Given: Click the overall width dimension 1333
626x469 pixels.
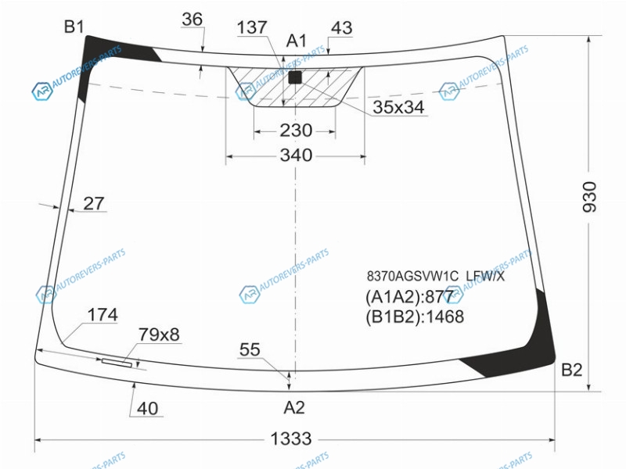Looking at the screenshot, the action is click(291, 439).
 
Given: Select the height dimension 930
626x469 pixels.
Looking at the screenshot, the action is click(589, 197).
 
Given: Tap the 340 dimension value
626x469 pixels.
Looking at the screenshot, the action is click(296, 155).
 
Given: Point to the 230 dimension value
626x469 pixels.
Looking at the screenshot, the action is click(296, 131).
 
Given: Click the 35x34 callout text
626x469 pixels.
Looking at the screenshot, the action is click(398, 107).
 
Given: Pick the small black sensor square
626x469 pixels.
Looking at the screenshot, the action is click(295, 77).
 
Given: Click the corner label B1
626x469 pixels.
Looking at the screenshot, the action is click(74, 27).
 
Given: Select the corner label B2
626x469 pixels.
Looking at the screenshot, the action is click(572, 370).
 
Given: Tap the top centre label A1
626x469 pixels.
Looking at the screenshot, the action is click(297, 41).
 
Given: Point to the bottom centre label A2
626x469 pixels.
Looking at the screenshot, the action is click(294, 407).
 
